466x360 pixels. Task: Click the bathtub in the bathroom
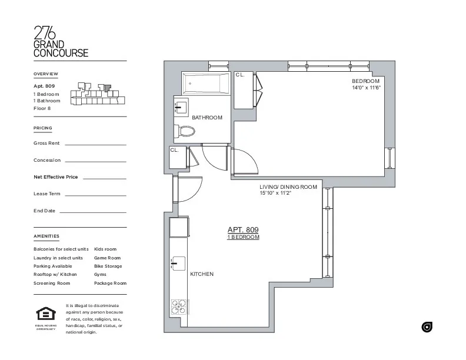point(205,84)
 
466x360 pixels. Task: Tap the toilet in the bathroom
point(185,131)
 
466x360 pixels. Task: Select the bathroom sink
point(180,108)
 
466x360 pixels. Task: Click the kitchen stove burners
point(178,306)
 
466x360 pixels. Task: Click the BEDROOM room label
point(366,81)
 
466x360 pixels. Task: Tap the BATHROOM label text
point(207,118)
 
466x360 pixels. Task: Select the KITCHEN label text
point(201,274)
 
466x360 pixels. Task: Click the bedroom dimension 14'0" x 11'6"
point(367,88)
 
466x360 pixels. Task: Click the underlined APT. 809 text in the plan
point(243,230)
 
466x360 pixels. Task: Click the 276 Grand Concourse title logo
point(61,42)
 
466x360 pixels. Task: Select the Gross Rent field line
point(95,144)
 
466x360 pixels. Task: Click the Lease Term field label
point(47,194)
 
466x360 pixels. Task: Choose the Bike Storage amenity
point(108,266)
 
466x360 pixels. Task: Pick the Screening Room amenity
point(52,283)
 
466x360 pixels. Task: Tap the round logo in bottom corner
point(427,327)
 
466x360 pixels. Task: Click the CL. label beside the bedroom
point(239,75)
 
